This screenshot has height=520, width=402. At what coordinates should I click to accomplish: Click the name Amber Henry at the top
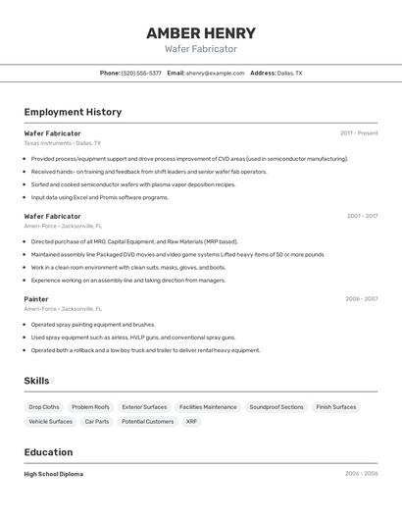200,32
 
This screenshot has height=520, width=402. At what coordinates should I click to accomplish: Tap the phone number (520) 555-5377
141,73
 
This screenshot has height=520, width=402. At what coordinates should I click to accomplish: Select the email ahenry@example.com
215,73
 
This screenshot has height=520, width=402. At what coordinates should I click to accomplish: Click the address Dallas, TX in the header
289,73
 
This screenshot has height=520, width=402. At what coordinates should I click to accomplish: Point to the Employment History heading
73,112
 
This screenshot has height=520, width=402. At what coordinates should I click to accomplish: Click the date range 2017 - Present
359,132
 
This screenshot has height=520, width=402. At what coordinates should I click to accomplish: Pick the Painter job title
36,298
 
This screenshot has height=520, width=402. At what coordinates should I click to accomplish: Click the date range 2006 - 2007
361,298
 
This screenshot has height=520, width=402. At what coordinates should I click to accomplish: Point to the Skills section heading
36,381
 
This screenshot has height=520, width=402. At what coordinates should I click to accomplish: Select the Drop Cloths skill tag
43,406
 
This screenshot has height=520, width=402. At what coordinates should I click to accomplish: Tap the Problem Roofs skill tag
90,406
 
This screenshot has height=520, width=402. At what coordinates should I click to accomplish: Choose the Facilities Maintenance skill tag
208,406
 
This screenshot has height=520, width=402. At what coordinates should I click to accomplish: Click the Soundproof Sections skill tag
276,406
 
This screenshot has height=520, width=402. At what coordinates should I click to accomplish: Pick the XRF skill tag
191,421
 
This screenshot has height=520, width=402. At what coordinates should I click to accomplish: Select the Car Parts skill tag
97,421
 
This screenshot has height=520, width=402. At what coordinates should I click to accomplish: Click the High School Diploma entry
53,474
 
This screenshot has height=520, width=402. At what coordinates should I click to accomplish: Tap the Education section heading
48,452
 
